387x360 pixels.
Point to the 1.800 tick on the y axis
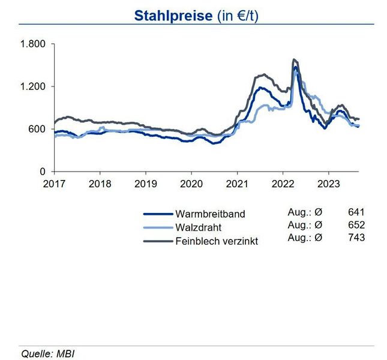(x=33, y=44)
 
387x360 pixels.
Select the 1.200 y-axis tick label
(x=33, y=87)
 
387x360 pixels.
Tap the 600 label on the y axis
(x=37, y=130)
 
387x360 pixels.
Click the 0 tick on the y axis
(x=43, y=172)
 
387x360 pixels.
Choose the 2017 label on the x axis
(x=55, y=184)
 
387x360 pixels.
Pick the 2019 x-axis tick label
(x=146, y=184)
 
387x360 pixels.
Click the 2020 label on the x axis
(x=191, y=184)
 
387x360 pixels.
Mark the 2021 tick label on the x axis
(x=237, y=184)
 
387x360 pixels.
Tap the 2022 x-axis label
(x=283, y=184)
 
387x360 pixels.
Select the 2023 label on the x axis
(x=328, y=184)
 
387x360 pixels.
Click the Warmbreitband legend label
(x=210, y=214)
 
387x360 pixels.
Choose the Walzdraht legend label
(x=199, y=228)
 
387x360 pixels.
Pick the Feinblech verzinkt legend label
(x=217, y=242)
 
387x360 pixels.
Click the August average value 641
(x=356, y=212)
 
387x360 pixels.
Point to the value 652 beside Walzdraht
(x=356, y=225)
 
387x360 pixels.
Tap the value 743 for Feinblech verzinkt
(x=356, y=238)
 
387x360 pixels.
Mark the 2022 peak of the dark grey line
(x=293, y=60)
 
